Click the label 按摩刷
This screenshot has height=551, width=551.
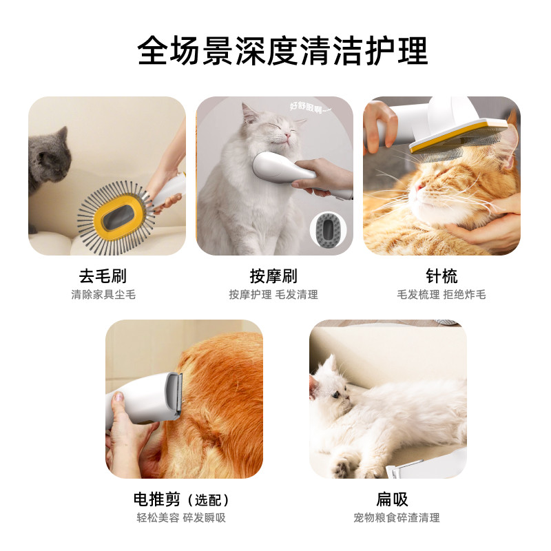[273, 277]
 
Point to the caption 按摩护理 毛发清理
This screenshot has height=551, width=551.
[273, 295]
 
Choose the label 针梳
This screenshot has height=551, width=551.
[441, 277]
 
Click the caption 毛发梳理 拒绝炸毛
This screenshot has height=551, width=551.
[441, 295]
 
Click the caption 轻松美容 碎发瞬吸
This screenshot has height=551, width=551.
[180, 518]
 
